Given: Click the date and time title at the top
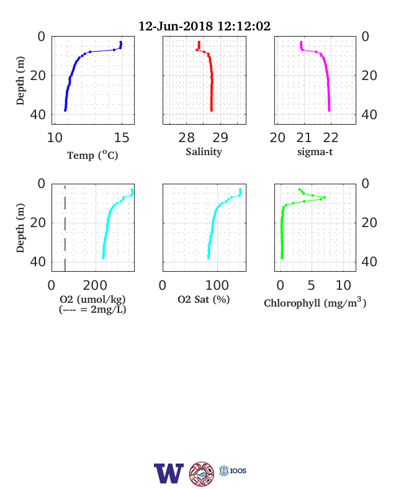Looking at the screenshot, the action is coord(204,26).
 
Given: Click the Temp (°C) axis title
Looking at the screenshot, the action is coord(92,155).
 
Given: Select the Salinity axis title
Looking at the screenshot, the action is coord(204,152).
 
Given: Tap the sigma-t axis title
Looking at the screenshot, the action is coord(315,152).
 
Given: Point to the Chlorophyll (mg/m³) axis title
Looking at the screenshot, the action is coord(315,302).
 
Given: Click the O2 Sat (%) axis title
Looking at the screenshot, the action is coord(204,299).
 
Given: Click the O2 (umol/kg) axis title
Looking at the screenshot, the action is coord(92,299).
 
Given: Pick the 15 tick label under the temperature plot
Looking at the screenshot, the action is coord(122,138).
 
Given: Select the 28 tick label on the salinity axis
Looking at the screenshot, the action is coord(186,138).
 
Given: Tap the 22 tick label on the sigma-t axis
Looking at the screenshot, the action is coord(331,138).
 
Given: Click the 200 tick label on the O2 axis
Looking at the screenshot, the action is coord(95,285).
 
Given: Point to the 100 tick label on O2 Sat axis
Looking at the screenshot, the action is coord(217,285).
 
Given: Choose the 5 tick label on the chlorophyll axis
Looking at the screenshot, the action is coord(312,285).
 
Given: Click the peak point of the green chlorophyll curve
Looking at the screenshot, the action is coord(325,197).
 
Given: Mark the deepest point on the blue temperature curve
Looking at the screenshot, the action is coord(65,110).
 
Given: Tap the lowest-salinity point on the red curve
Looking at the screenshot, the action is coord(197,50).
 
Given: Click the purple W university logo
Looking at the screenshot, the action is coord(169,473).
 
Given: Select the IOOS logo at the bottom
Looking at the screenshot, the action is coord(233,470).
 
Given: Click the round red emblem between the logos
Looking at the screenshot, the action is coord(202,473).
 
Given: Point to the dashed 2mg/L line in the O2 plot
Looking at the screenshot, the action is coord(65,228).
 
